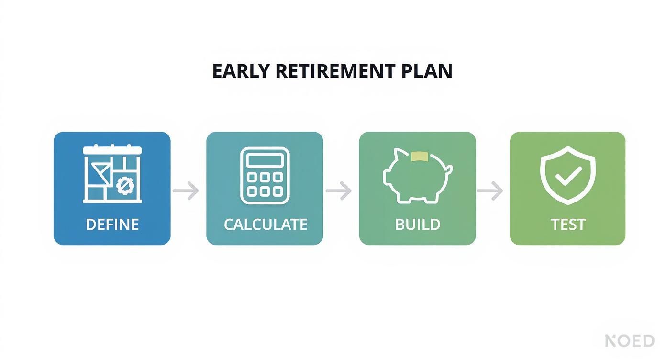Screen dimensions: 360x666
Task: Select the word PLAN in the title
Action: click(427, 71)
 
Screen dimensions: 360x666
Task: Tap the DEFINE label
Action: click(112, 224)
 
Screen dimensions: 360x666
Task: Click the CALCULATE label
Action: click(265, 224)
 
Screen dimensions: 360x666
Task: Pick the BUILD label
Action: click(417, 224)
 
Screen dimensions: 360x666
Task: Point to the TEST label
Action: click(568, 224)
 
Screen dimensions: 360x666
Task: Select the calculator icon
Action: click(265, 175)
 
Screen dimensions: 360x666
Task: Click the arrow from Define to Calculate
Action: click(186, 191)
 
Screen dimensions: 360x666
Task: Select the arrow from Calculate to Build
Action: click(339, 191)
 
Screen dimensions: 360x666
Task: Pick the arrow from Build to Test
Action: click(490, 191)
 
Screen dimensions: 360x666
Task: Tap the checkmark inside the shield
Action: click(568, 176)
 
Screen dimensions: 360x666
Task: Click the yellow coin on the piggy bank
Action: click(419, 156)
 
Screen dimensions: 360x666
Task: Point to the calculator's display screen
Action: click(265, 160)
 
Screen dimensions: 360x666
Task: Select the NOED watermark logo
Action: click(630, 340)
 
